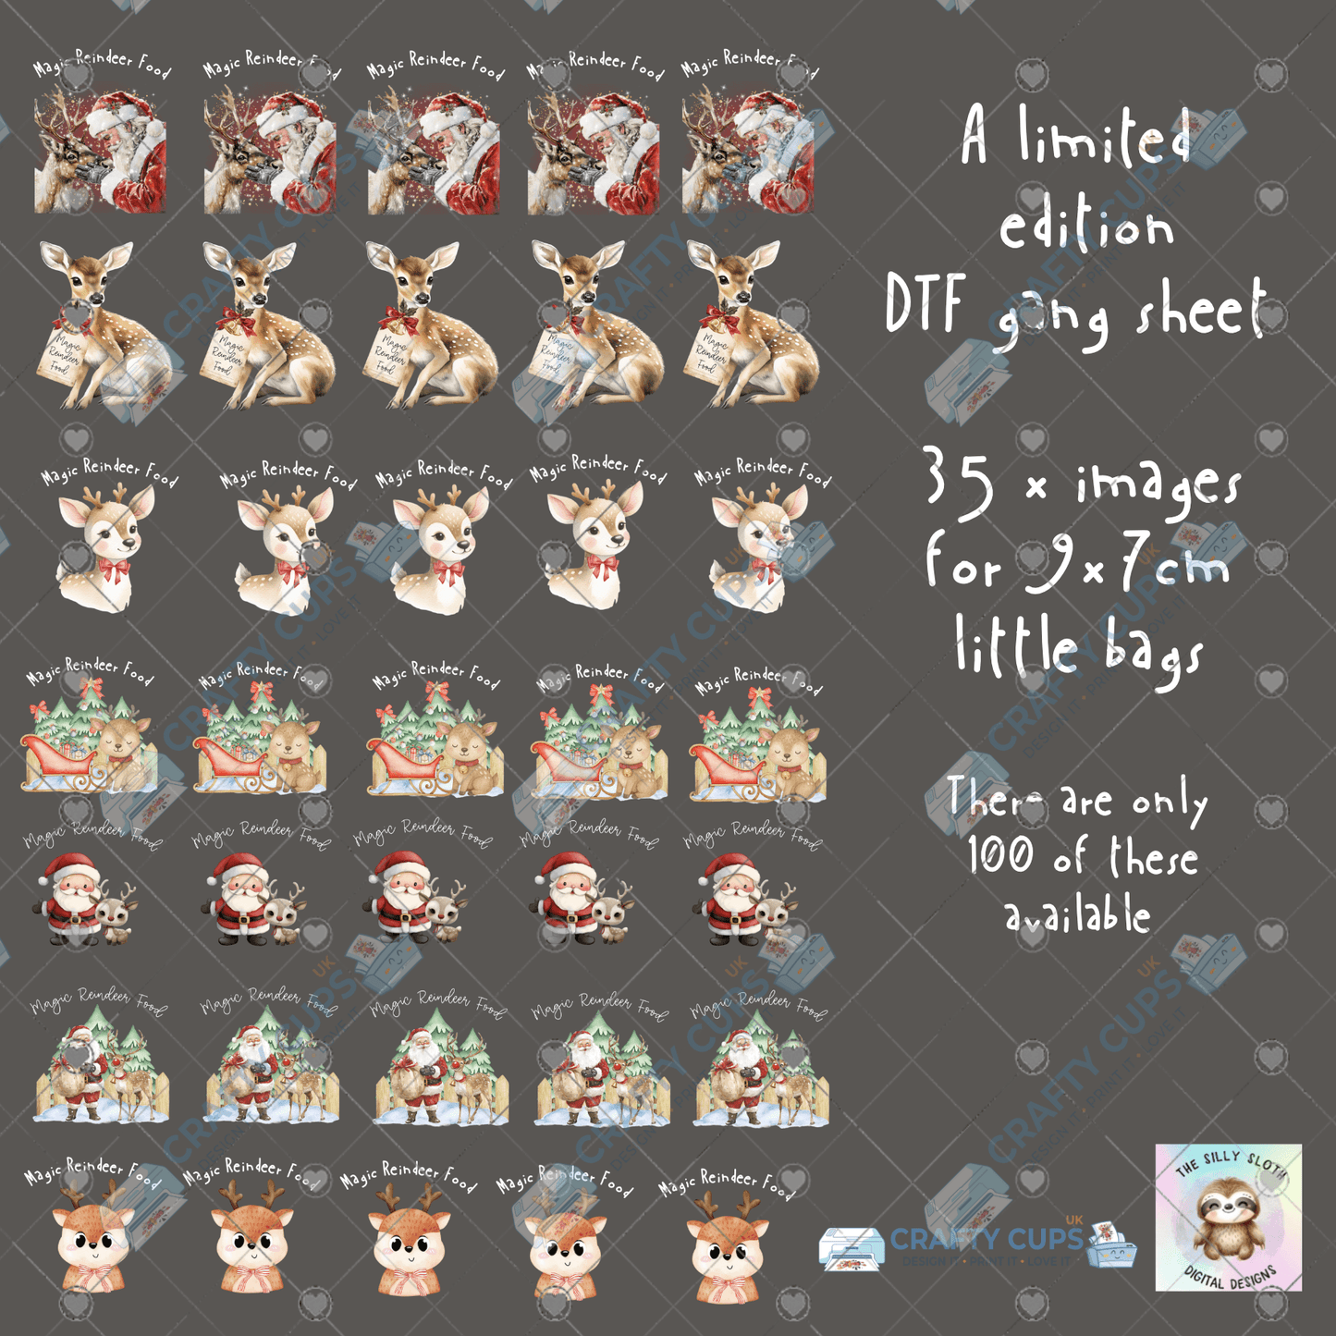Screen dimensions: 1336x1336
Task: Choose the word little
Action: click(1017, 644)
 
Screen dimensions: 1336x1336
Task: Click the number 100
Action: click(1000, 855)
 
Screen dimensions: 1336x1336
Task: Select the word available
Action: click(1078, 915)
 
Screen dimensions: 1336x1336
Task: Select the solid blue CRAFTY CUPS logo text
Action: click(986, 1239)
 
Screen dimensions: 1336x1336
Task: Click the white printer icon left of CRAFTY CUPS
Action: click(850, 1248)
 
